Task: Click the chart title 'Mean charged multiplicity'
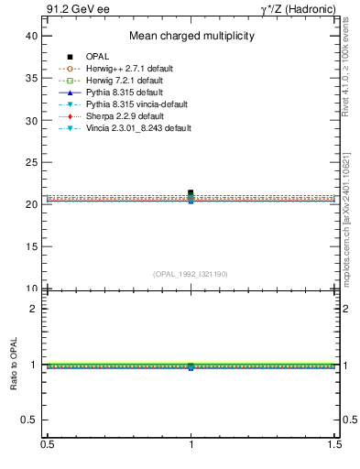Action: pos(191,37)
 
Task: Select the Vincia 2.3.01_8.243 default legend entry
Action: pos(137,129)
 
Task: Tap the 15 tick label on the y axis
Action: pos(31,246)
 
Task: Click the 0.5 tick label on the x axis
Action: pos(46,444)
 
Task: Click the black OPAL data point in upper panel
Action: pos(191,192)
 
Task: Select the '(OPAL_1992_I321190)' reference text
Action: pos(191,274)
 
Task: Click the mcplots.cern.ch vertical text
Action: pos(351,220)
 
